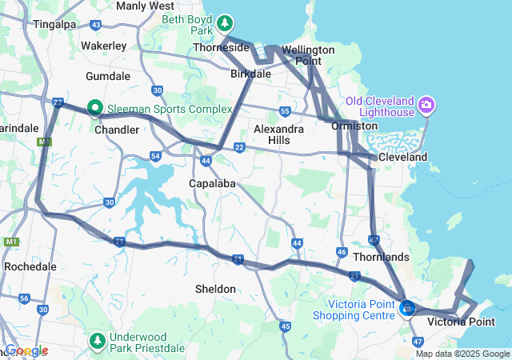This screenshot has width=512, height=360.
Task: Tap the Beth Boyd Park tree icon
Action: [226, 22]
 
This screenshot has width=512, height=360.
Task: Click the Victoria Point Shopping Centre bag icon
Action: [407, 307]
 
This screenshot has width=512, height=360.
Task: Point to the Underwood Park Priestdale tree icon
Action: [98, 342]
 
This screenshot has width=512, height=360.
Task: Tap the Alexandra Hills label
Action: [278, 134]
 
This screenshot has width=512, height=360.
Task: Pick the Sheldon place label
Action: [215, 288]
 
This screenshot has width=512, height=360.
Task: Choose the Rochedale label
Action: [30, 266]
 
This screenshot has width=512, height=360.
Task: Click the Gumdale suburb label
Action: [107, 75]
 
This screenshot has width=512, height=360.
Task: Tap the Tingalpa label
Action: [54, 24]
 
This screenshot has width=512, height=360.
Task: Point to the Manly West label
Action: [145, 6]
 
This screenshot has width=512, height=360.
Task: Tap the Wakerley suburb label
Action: [103, 46]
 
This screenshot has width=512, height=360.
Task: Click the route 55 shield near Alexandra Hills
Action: [286, 111]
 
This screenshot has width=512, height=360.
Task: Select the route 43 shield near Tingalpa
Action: [96, 26]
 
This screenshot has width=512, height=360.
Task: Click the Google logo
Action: [26, 350]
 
